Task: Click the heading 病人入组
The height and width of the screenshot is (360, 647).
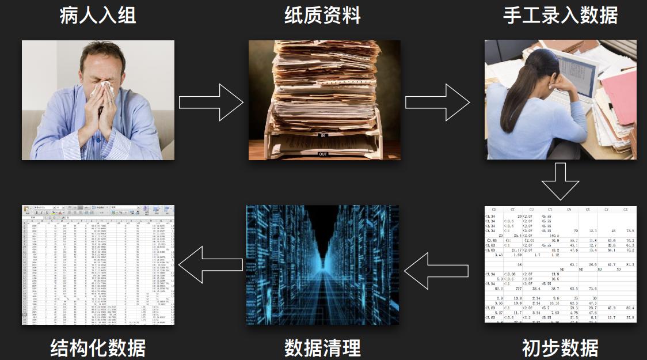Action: pyautogui.click(x=98, y=15)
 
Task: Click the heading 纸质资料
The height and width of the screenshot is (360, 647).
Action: pyautogui.click(x=323, y=15)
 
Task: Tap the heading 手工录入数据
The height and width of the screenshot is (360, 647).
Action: pyautogui.click(x=560, y=15)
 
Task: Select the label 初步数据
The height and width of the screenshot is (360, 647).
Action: pyautogui.click(x=560, y=348)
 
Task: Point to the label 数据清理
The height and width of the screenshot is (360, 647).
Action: pyautogui.click(x=323, y=348)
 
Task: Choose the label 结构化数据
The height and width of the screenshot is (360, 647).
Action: pyautogui.click(x=98, y=348)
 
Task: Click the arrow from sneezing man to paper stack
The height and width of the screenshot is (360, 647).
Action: pyautogui.click(x=211, y=103)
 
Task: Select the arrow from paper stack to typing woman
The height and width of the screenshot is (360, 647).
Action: pyautogui.click(x=437, y=103)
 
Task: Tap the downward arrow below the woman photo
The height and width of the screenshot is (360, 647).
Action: pyautogui.click(x=560, y=181)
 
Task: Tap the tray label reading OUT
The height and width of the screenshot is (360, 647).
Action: pyautogui.click(x=323, y=154)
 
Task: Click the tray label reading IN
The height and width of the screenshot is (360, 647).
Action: pyautogui.click(x=323, y=135)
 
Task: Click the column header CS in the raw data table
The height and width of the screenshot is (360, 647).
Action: pyautogui.click(x=490, y=210)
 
